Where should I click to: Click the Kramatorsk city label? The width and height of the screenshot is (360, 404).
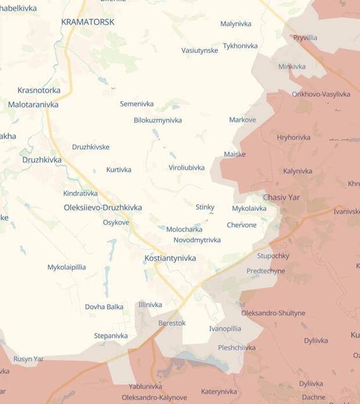click(88, 22)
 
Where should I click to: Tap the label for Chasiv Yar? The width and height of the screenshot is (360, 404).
click(282, 197)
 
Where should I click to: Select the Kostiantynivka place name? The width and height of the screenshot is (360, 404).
click(170, 258)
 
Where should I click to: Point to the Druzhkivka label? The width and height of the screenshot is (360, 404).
click(42, 160)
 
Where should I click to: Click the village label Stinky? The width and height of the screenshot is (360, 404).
click(205, 207)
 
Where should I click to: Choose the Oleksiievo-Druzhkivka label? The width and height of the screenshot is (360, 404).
click(103, 207)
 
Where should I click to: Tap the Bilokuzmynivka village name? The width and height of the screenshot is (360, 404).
click(157, 120)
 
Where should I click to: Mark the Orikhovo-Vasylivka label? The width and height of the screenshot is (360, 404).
click(321, 94)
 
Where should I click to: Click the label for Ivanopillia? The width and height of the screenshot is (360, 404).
click(225, 329)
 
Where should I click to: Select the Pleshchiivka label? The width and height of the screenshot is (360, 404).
click(236, 348)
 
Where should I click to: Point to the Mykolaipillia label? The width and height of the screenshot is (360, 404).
click(67, 268)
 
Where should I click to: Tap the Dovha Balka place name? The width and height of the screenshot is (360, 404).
click(104, 307)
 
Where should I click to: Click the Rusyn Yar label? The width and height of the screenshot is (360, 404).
click(28, 359)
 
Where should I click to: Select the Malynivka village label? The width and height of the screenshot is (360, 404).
click(235, 24)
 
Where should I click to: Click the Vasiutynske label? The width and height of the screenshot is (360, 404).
click(200, 50)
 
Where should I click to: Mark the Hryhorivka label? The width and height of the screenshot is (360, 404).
click(294, 138)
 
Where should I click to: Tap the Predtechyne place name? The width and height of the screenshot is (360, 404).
click(265, 271)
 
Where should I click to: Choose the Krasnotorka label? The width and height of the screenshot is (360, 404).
click(39, 91)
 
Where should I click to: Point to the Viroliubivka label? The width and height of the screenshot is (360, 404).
click(186, 168)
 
